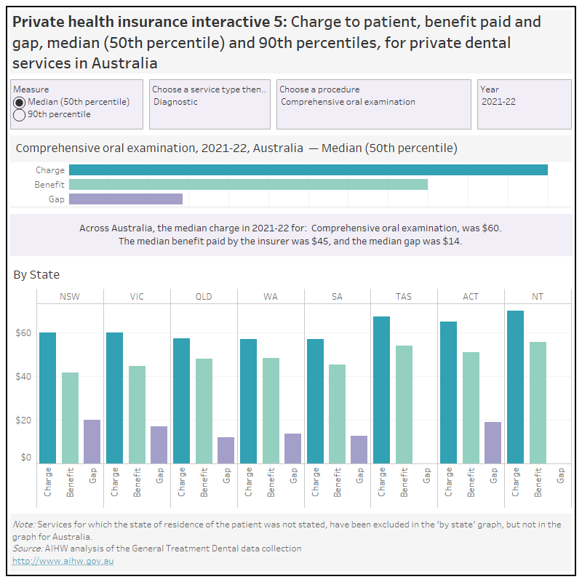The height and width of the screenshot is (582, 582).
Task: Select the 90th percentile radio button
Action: pyautogui.click(x=20, y=114)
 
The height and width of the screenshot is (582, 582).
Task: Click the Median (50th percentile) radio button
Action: pyautogui.click(x=20, y=102)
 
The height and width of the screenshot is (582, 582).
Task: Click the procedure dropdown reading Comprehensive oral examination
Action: pyautogui.click(x=375, y=102)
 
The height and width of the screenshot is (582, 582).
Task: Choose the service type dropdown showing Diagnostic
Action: pyautogui.click(x=210, y=102)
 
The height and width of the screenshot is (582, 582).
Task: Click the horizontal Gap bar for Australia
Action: pyautogui.click(x=126, y=199)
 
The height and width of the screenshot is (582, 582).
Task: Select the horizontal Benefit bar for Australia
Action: pyautogui.click(x=248, y=185)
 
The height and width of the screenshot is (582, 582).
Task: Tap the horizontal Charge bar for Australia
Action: pyautogui.click(x=308, y=170)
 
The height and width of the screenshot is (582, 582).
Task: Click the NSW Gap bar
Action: pyautogui.click(x=92, y=442)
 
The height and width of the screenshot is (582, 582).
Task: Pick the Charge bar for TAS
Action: pyautogui.click(x=381, y=390)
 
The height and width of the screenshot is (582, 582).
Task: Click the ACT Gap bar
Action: pyautogui.click(x=493, y=442)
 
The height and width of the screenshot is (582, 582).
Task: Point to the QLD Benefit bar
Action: pyautogui.click(x=204, y=411)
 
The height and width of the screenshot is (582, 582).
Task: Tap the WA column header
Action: pyautogui.click(x=271, y=297)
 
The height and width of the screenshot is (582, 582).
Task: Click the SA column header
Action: pyautogui.click(x=338, y=297)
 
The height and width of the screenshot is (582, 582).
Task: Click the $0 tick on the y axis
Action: pyautogui.click(x=25, y=458)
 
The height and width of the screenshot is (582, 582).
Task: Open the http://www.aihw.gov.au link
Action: pyautogui.click(x=63, y=561)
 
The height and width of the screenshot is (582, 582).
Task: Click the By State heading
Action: pyautogui.click(x=36, y=274)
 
